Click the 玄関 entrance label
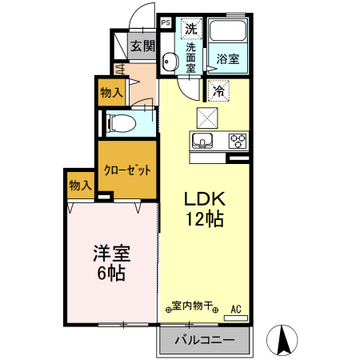(x=142, y=46)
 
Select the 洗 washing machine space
(x=190, y=29)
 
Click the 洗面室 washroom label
(x=190, y=58)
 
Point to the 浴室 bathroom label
(x=227, y=58)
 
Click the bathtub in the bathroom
(x=227, y=34)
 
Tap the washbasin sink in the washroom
(x=170, y=62)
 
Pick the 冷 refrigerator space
(x=217, y=91)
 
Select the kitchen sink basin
(x=202, y=142)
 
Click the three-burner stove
(x=238, y=142)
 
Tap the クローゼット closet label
(x=127, y=170)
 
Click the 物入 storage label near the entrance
(x=111, y=93)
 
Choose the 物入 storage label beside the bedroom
(x=80, y=186)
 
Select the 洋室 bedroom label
(x=112, y=254)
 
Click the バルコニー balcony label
(x=206, y=341)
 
